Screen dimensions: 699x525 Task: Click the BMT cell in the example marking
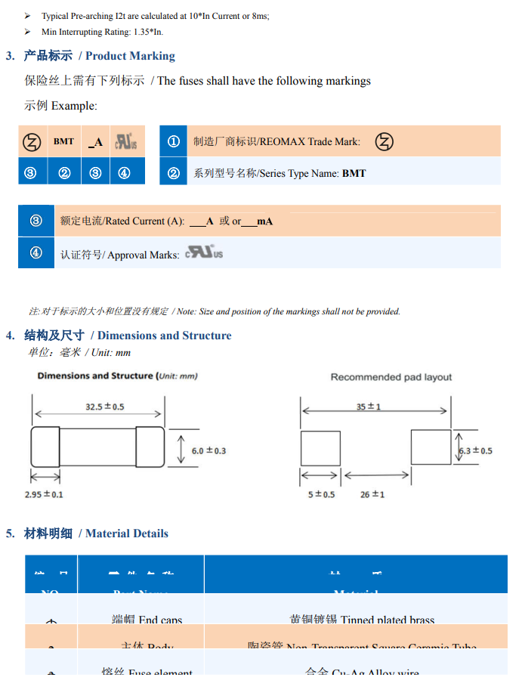point(64,141)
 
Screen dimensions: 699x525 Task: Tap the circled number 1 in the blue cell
point(173,141)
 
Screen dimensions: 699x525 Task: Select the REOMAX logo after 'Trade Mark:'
point(384,141)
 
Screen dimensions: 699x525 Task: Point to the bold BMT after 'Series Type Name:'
point(354,174)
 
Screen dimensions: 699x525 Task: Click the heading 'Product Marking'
point(130,56)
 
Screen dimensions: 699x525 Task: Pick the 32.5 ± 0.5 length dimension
point(104,407)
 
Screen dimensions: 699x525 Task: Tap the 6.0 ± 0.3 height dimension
point(208,450)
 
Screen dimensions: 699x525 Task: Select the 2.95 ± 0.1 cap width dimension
point(44,494)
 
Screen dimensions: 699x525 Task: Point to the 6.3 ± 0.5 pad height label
point(476,450)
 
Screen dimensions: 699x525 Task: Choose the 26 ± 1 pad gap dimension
point(372,494)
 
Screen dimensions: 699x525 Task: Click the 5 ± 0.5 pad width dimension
point(321,494)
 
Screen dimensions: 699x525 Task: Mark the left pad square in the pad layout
point(320,447)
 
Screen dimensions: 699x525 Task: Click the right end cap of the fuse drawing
point(150,447)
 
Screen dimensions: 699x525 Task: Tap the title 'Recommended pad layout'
point(391,377)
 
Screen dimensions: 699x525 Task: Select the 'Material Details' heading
point(126,534)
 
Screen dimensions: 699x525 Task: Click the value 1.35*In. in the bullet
point(147,32)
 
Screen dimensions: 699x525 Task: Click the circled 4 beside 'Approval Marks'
point(36,252)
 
